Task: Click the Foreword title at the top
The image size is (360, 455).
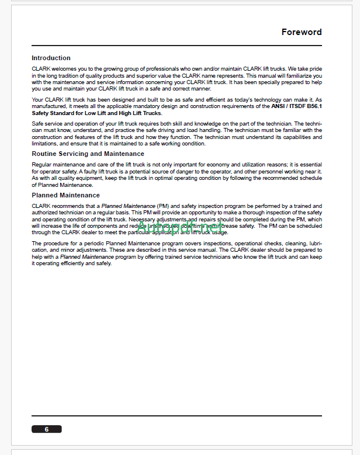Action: coord(301,32)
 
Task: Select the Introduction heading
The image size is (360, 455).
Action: coord(51,58)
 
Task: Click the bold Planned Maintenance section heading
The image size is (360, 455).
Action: coord(65,195)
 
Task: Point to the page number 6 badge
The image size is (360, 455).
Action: coord(47,429)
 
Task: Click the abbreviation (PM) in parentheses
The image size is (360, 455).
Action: coord(163,206)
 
